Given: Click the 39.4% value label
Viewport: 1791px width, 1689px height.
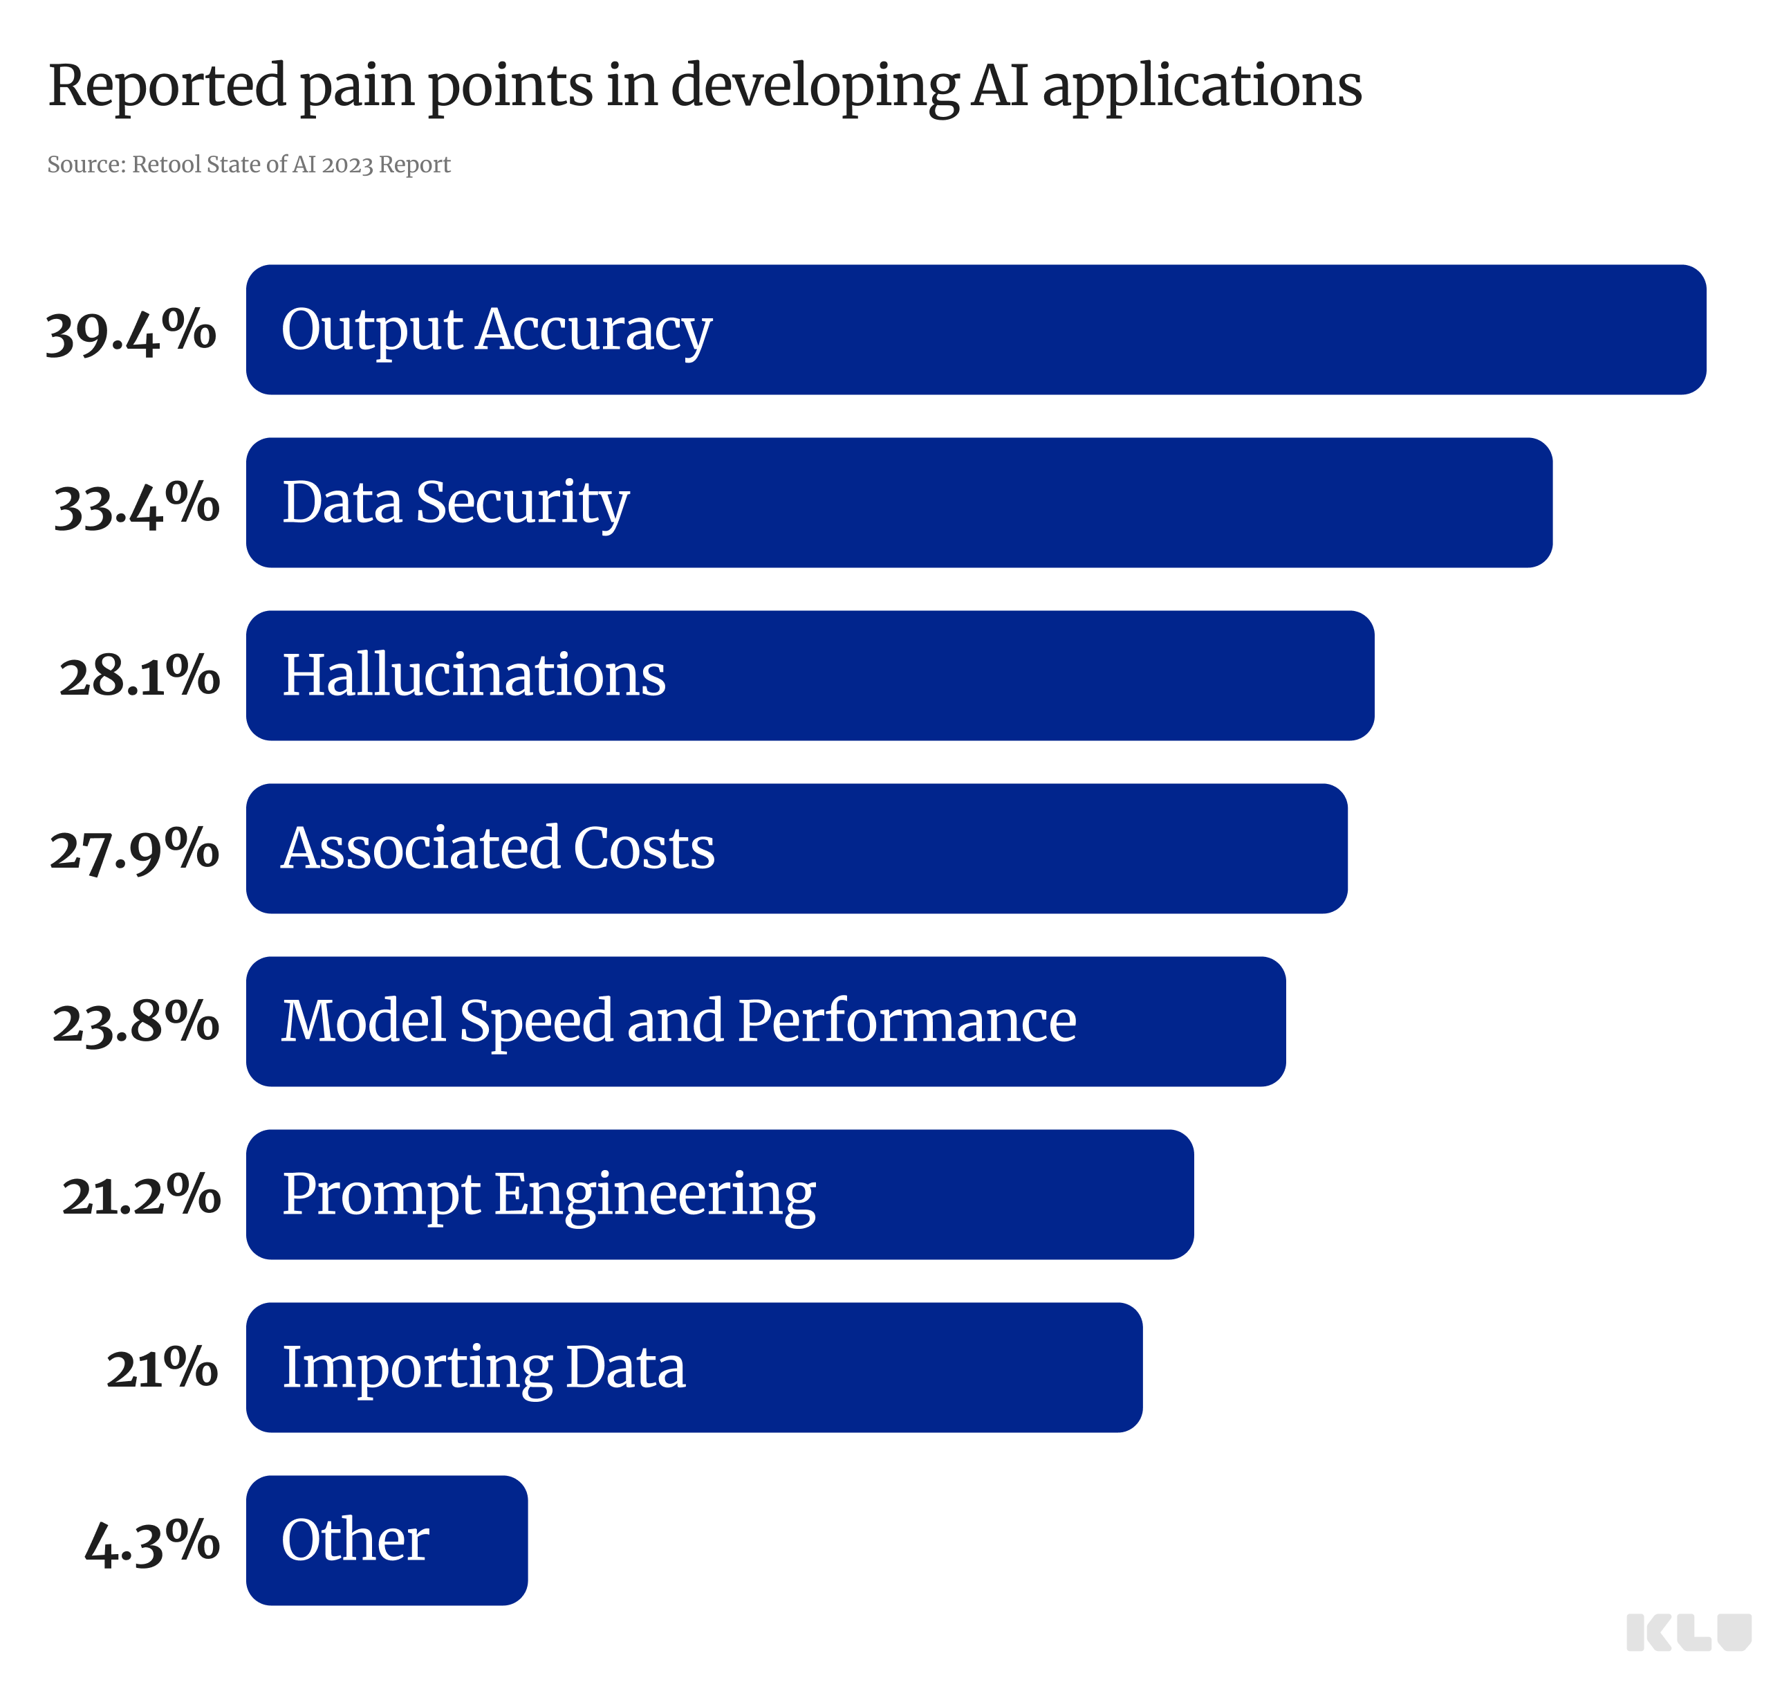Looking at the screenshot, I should tap(131, 331).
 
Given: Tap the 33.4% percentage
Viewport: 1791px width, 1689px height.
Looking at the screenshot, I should tap(136, 504).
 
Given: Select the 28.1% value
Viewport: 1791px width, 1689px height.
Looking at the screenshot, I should tap(140, 676).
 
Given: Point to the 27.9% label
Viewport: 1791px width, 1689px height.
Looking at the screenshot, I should tap(134, 849).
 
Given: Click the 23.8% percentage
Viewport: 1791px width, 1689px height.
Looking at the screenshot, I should tap(136, 1022).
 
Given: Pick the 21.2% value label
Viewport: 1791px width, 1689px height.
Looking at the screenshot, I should tap(142, 1195).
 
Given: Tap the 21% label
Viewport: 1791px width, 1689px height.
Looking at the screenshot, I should tap(163, 1368).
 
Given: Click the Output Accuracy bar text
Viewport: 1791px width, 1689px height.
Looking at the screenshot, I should tap(497, 330).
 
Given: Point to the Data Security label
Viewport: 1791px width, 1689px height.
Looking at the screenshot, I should tap(456, 503).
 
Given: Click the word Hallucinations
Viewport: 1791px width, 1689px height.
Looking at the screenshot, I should tap(474, 675).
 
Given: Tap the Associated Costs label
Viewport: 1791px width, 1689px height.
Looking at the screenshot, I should tap(498, 848).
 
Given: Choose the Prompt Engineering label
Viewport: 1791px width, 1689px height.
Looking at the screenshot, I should tap(548, 1194).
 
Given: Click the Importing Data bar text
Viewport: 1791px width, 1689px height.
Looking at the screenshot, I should tap(484, 1367).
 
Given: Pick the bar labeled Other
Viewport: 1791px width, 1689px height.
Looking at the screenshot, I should tap(387, 1540).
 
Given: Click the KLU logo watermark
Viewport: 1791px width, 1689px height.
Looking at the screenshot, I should tap(1687, 1632).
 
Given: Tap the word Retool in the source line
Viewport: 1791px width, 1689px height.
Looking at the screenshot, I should tap(167, 165).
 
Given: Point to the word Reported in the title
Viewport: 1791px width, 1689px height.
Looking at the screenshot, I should tap(167, 86).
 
